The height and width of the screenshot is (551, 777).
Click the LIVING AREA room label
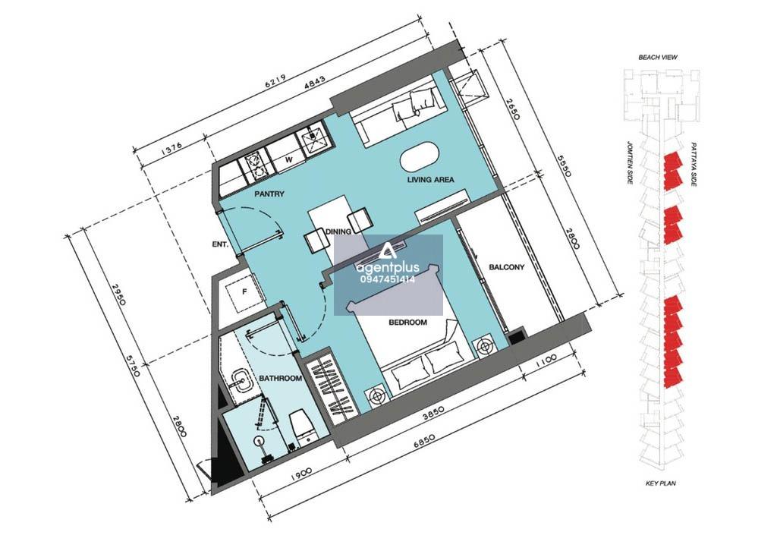pos(431,180)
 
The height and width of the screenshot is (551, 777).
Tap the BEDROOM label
pos(407,323)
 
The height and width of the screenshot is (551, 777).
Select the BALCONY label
pos(506,267)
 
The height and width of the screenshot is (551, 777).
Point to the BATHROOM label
pos(281,379)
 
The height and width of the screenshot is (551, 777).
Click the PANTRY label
pos(269,194)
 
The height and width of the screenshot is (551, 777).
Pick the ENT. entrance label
pos(220,244)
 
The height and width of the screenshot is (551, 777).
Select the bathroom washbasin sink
pos(243,379)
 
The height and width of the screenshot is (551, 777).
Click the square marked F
pos(244,292)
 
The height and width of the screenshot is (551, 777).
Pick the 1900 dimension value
pos(300,472)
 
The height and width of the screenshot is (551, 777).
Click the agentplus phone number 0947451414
pos(388,279)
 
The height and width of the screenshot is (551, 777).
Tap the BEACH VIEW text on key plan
pos(658,58)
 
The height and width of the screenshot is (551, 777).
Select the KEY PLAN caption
pos(661,483)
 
